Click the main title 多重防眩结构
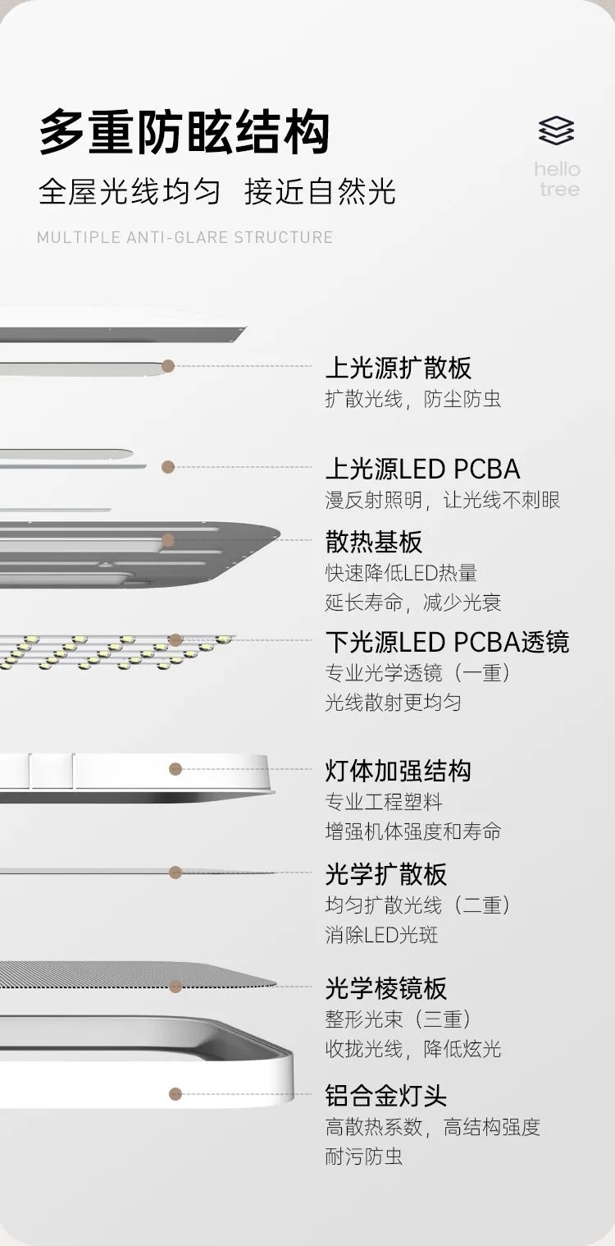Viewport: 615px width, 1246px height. click(x=184, y=132)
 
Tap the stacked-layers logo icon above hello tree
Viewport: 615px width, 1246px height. click(x=557, y=131)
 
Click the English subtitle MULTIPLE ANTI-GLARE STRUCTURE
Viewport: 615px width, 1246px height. click(x=185, y=238)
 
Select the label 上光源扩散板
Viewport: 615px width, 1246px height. click(x=399, y=368)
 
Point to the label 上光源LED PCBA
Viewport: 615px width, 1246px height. click(x=422, y=469)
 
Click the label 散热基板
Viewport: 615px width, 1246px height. click(x=374, y=542)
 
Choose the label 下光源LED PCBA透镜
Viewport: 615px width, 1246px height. click(x=447, y=642)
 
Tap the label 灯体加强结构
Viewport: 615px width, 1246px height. click(x=399, y=771)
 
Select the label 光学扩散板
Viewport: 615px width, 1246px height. click(x=386, y=874)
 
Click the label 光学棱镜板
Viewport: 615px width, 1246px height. click(x=386, y=988)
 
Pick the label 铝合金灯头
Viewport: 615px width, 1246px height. click(x=386, y=1096)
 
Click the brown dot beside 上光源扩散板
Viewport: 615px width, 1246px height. click(x=168, y=366)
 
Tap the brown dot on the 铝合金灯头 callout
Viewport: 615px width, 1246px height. click(x=175, y=1093)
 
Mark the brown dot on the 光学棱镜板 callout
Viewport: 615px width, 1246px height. click(x=175, y=986)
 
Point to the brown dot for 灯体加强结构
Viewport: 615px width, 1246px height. click(x=175, y=769)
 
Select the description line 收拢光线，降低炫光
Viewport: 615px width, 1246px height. click(x=413, y=1049)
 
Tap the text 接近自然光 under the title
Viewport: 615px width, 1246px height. click(x=321, y=192)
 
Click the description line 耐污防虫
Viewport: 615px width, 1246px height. click(x=364, y=1157)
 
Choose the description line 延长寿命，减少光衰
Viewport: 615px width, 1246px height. click(x=413, y=602)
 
